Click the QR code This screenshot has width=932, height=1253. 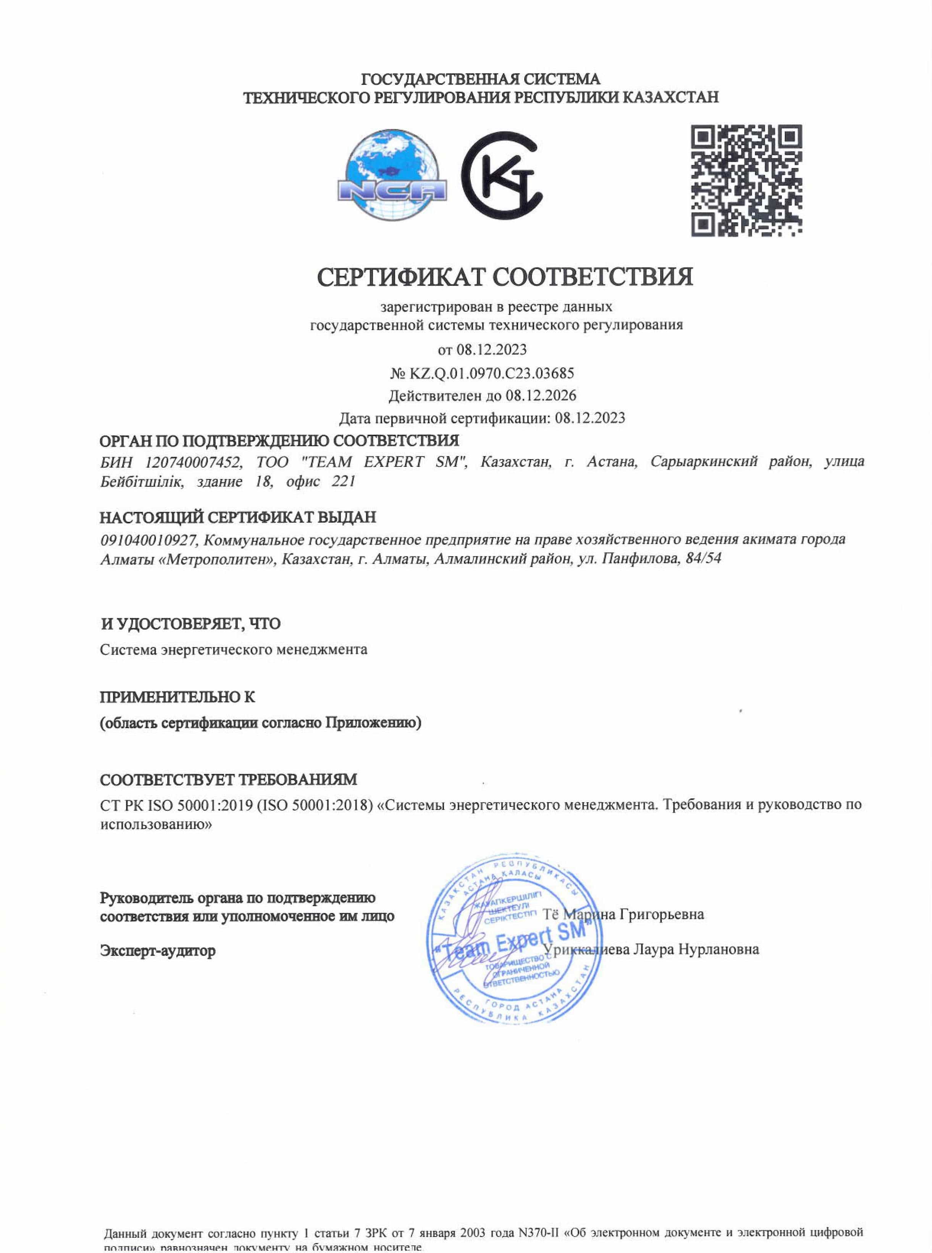coord(747,181)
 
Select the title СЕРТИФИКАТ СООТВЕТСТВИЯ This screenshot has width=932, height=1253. coord(505,277)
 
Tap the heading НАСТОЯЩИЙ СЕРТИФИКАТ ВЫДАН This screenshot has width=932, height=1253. coord(237,517)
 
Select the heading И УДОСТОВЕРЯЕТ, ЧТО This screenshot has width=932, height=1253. coord(190,624)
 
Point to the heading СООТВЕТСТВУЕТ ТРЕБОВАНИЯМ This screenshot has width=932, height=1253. coord(228,780)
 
